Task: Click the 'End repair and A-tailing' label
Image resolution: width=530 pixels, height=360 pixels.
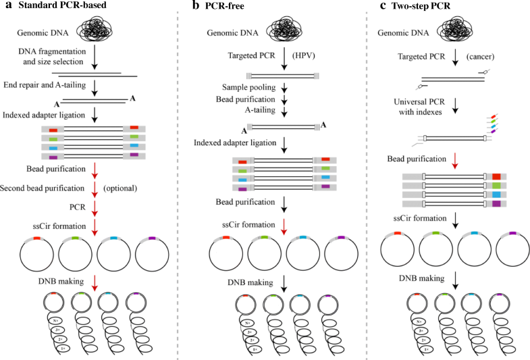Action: (x=53, y=84)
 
